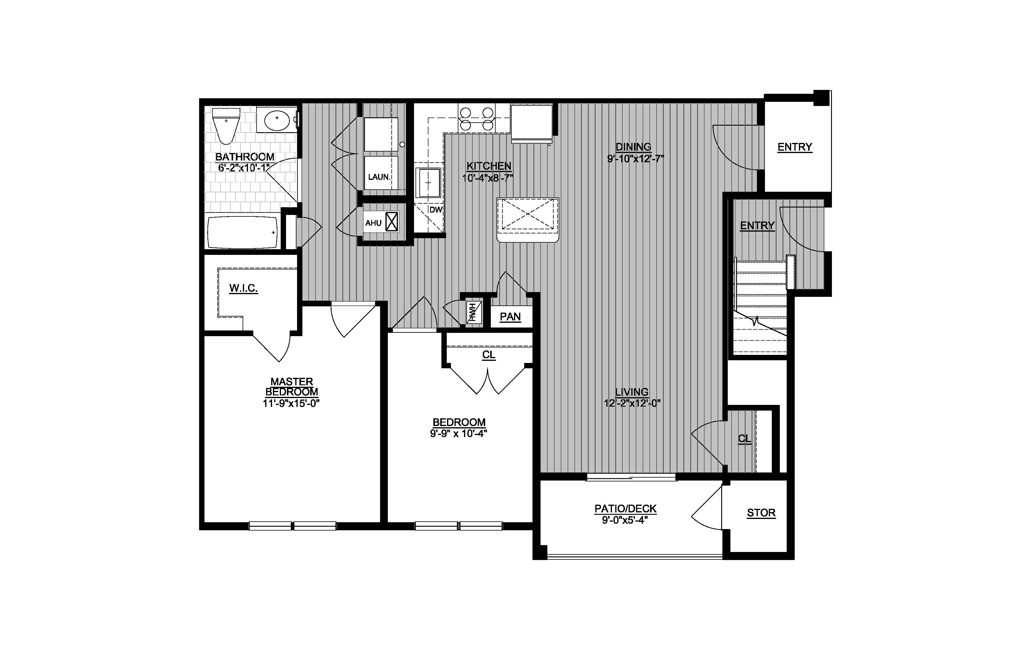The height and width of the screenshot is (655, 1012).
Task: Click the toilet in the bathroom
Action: pyautogui.click(x=226, y=125)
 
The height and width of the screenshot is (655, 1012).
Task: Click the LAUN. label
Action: pyautogui.click(x=379, y=177)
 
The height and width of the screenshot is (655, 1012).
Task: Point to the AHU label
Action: pyautogui.click(x=373, y=223)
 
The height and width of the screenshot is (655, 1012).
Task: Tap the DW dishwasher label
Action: pyautogui.click(x=435, y=210)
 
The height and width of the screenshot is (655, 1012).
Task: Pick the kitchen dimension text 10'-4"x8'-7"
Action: pyautogui.click(x=488, y=178)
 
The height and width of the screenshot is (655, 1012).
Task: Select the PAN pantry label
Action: pyautogui.click(x=510, y=317)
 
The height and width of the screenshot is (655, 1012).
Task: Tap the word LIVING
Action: pyautogui.click(x=632, y=392)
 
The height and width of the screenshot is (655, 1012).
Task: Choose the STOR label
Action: pyautogui.click(x=761, y=513)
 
